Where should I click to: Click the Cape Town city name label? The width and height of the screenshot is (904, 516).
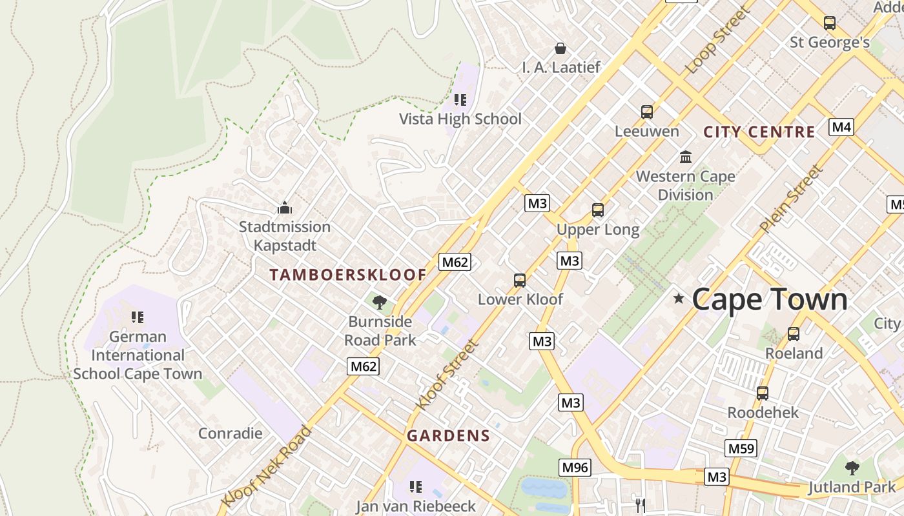point(770,300)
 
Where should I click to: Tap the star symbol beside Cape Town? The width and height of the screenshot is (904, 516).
point(679,298)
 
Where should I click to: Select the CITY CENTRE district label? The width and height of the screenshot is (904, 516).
point(759,132)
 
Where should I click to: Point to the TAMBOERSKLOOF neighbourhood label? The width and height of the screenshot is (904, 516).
point(348,275)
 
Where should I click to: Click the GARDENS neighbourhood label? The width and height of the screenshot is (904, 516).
point(448,436)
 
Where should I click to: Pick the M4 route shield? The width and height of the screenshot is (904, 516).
point(841,127)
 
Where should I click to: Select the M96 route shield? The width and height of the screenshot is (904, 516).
point(574,467)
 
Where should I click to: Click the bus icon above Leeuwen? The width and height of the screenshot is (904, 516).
point(647,112)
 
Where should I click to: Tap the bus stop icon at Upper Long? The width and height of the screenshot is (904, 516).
point(598,210)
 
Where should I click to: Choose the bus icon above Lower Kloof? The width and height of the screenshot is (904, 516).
point(520,281)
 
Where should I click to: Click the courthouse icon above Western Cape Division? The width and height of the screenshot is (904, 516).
point(685,157)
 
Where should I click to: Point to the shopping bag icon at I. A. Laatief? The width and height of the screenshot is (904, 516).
point(560,48)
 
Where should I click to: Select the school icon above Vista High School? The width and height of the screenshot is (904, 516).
point(460,100)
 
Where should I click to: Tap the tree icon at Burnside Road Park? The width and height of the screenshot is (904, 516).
point(379,302)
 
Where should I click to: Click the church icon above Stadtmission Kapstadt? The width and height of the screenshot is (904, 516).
point(284,208)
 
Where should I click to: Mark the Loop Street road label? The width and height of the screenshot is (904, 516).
point(718,41)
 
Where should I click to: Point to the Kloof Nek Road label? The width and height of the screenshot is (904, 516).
point(266,466)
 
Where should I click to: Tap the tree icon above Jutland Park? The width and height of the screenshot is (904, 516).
point(852,468)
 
